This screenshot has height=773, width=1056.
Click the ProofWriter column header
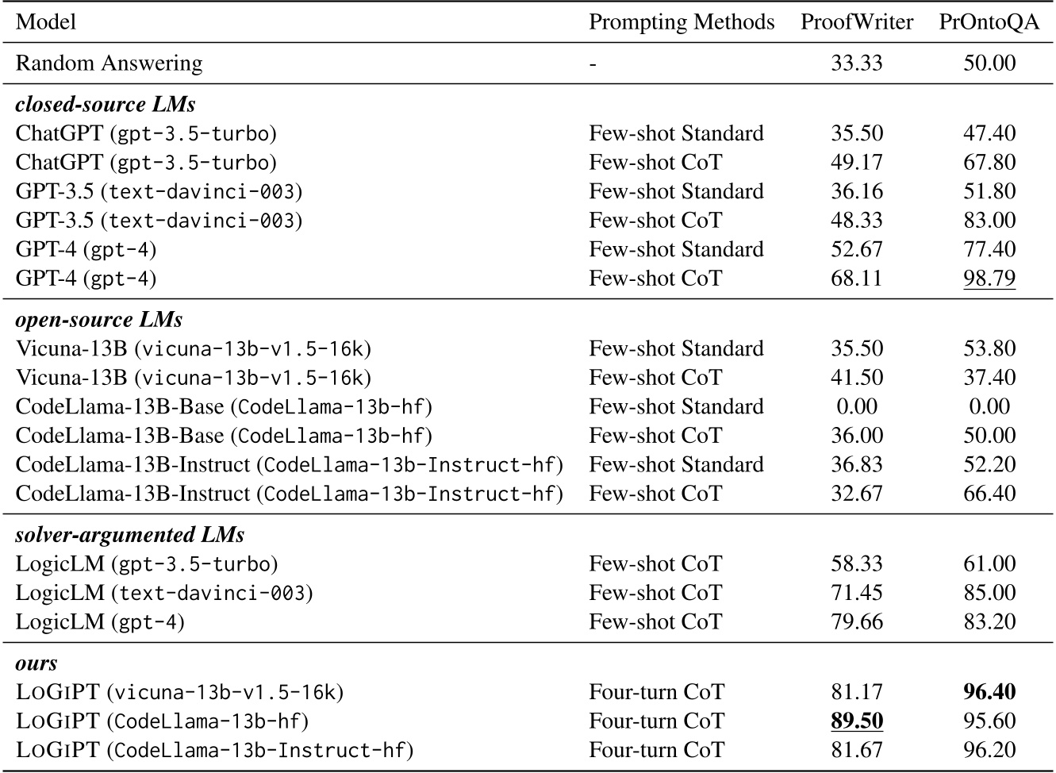[856, 22]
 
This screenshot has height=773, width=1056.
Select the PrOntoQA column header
[989, 22]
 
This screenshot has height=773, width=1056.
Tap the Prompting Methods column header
[682, 22]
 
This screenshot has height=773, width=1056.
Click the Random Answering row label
[109, 63]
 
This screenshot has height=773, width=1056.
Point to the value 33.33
[856, 63]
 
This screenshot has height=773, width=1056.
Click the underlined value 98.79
[989, 278]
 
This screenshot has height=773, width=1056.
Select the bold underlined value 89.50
[856, 721]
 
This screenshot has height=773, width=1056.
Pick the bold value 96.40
[989, 692]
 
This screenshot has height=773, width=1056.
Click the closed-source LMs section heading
[106, 104]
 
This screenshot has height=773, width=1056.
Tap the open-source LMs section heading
[99, 319]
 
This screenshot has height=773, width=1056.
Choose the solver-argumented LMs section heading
[130, 535]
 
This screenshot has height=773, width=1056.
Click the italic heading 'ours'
[36, 663]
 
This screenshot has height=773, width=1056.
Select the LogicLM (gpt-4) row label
[100, 621]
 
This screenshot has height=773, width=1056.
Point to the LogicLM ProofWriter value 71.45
[856, 592]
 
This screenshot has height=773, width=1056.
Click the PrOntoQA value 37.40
[989, 377]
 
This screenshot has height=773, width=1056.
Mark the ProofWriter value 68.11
[856, 278]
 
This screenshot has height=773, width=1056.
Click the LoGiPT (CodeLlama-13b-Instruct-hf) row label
[214, 750]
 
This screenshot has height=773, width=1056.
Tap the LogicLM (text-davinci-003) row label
[164, 592]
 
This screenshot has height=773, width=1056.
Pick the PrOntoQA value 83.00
[989, 220]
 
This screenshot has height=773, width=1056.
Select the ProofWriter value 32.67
[856, 493]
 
